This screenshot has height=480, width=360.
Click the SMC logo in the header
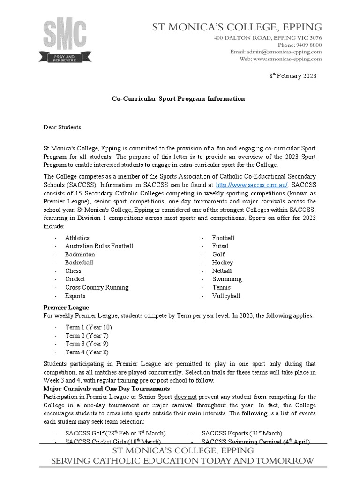(65, 40)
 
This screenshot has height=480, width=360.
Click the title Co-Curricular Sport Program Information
(178, 99)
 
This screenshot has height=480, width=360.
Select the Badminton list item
(80, 255)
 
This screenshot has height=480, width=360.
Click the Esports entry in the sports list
(75, 296)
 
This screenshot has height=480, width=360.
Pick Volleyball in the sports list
(226, 296)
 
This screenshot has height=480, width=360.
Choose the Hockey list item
(222, 262)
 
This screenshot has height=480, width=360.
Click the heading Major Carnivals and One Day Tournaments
(106, 389)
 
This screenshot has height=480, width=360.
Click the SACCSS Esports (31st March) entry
(241, 433)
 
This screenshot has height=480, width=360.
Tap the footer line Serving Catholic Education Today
(182, 461)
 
